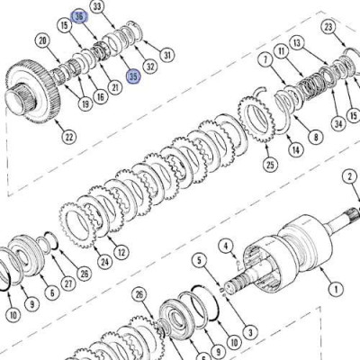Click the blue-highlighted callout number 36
[79, 17]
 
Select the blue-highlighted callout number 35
[133, 76]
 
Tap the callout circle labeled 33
[98, 7]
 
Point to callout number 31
[167, 55]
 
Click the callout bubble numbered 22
[69, 137]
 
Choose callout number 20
[43, 41]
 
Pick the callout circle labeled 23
[328, 27]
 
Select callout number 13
[297, 43]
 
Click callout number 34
[338, 123]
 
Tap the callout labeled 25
[270, 165]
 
